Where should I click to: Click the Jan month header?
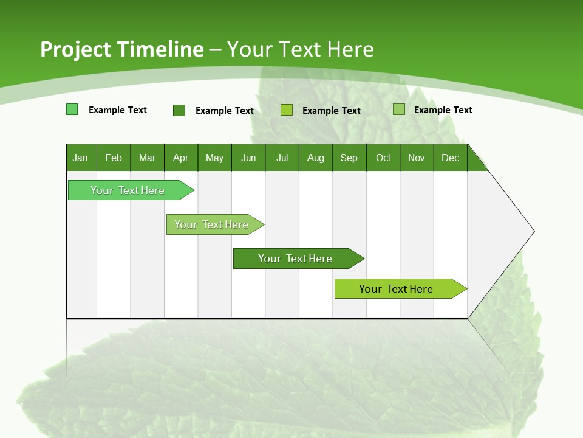pyautogui.click(x=81, y=158)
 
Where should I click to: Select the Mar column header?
pyautogui.click(x=147, y=158)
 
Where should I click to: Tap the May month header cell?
pyautogui.click(x=214, y=158)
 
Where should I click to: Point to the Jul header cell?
pyautogui.click(x=282, y=158)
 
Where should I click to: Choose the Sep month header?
pyautogui.click(x=349, y=158)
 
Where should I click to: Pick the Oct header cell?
pyautogui.click(x=383, y=158)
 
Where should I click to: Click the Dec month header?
pyautogui.click(x=450, y=158)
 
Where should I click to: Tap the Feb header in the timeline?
pyautogui.click(x=114, y=158)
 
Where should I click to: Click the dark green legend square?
pyautogui.click(x=179, y=110)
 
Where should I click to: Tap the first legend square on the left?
pyautogui.click(x=72, y=109)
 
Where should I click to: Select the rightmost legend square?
pyautogui.click(x=399, y=109)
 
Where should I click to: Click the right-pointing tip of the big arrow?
pyautogui.click(x=533, y=231)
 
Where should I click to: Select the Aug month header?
pyautogui.click(x=315, y=158)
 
